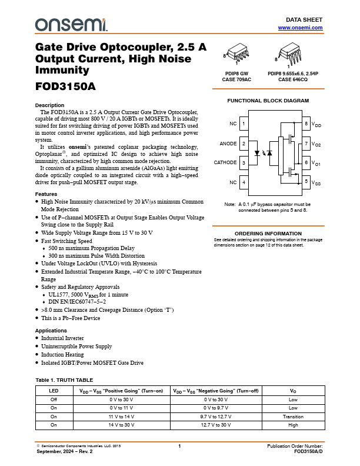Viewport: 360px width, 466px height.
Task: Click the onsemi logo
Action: pyautogui.click(x=71, y=24)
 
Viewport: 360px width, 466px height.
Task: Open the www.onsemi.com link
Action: pyautogui.click(x=300, y=28)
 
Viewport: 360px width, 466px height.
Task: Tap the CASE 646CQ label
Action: pyautogui.click(x=292, y=79)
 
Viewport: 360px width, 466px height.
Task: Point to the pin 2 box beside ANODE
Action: pyautogui.click(x=244, y=143)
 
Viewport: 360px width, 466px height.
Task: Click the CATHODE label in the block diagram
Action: pyautogui.click(x=225, y=162)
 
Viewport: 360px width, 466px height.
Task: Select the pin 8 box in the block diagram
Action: pyautogui.click(x=306, y=124)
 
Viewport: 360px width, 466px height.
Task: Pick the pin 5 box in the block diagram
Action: pyautogui.click(x=306, y=182)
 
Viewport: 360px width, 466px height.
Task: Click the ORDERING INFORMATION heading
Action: pyautogui.click(x=268, y=234)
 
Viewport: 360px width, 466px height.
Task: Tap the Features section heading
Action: pyautogui.click(x=46, y=194)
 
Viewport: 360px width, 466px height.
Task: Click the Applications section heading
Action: pyautogui.click(x=51, y=331)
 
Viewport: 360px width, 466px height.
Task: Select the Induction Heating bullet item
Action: pyautogui.click(x=62, y=355)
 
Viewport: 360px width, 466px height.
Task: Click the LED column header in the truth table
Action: pyautogui.click(x=54, y=391)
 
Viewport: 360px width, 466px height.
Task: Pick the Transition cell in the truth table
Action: pyautogui.click(x=292, y=416)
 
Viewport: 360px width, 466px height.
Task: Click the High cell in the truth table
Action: pyautogui.click(x=292, y=424)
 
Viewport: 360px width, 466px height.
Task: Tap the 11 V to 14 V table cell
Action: pyautogui.click(x=121, y=416)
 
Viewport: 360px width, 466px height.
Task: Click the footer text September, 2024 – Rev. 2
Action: pyautogui.click(x=65, y=451)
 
